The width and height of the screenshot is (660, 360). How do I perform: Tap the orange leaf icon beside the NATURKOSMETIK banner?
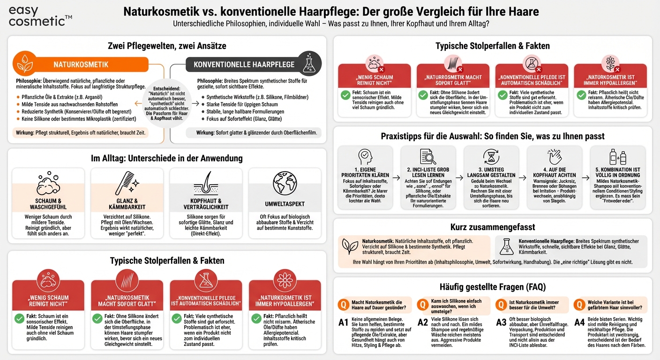24,64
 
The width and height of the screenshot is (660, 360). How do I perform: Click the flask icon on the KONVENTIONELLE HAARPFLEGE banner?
309,64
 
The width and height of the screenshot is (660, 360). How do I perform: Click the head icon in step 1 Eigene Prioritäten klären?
365,157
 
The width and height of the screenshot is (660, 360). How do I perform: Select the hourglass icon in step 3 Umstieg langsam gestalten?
491,157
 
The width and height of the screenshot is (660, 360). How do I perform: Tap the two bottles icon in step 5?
617,157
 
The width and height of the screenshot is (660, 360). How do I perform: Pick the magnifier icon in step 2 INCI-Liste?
428,157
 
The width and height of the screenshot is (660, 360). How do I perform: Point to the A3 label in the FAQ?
502,322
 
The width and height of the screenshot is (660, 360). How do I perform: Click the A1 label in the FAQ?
344,322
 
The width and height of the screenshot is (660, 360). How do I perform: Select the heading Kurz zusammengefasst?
492,227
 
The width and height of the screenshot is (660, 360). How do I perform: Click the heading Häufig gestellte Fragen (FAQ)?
492,286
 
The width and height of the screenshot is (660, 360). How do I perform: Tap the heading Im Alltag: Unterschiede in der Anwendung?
167,158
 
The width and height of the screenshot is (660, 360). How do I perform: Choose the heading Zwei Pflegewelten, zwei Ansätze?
167,46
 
